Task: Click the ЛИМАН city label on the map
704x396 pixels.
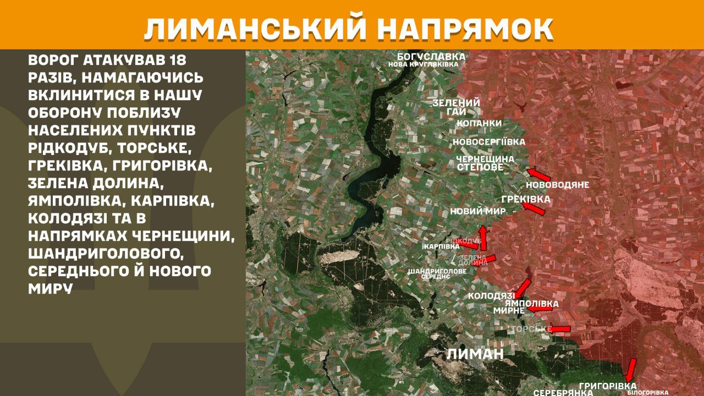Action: [x=475, y=354]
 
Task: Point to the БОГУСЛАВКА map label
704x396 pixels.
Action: [x=432, y=57]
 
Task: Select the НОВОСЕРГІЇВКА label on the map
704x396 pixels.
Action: [x=488, y=142]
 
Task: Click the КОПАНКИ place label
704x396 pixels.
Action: [x=479, y=123]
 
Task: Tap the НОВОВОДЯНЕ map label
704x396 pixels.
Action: [x=557, y=185]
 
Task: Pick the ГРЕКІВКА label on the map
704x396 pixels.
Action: [x=526, y=199]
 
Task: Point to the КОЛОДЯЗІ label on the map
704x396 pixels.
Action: [x=491, y=296]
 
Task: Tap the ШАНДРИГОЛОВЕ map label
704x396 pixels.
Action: [x=437, y=271]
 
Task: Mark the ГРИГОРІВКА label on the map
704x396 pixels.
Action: [x=607, y=386]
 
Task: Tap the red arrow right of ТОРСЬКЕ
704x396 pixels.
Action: [x=560, y=329]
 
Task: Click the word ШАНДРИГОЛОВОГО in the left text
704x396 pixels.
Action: [x=104, y=254]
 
